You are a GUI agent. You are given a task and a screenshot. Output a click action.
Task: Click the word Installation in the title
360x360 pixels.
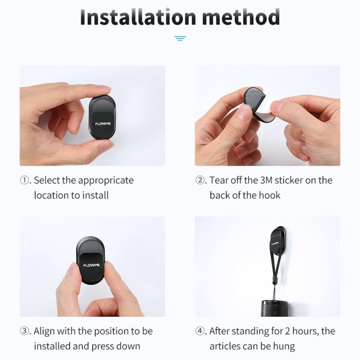pos(138,17)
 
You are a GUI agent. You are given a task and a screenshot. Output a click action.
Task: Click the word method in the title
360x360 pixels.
pos(241,17)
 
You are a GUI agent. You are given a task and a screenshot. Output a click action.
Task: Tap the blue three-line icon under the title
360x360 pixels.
pos(180,38)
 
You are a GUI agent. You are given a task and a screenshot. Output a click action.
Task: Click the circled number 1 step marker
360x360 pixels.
pos(24,180)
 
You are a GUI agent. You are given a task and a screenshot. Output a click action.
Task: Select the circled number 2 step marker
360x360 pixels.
pos(200,180)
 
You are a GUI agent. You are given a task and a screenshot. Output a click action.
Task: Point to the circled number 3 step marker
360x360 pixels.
pos(24,331)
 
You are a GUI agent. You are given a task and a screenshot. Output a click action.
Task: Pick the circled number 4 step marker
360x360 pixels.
pos(200,331)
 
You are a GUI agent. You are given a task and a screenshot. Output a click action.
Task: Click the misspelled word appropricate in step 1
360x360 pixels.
pos(106,181)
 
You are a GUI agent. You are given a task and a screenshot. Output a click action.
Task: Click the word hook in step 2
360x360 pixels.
pos(270,195)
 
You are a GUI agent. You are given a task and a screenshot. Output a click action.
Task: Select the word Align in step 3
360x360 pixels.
pos(44,332)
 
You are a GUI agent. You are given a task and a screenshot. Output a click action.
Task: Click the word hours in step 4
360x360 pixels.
pos(305,331)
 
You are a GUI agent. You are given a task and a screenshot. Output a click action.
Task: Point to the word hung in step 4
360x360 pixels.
pos(284,347)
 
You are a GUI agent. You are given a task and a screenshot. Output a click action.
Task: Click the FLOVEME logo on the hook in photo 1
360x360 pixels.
pos(103,124)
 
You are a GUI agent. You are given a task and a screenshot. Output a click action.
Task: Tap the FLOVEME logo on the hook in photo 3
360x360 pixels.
pos(91,265)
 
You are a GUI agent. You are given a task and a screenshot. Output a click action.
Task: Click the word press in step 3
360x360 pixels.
pos(102,347)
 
